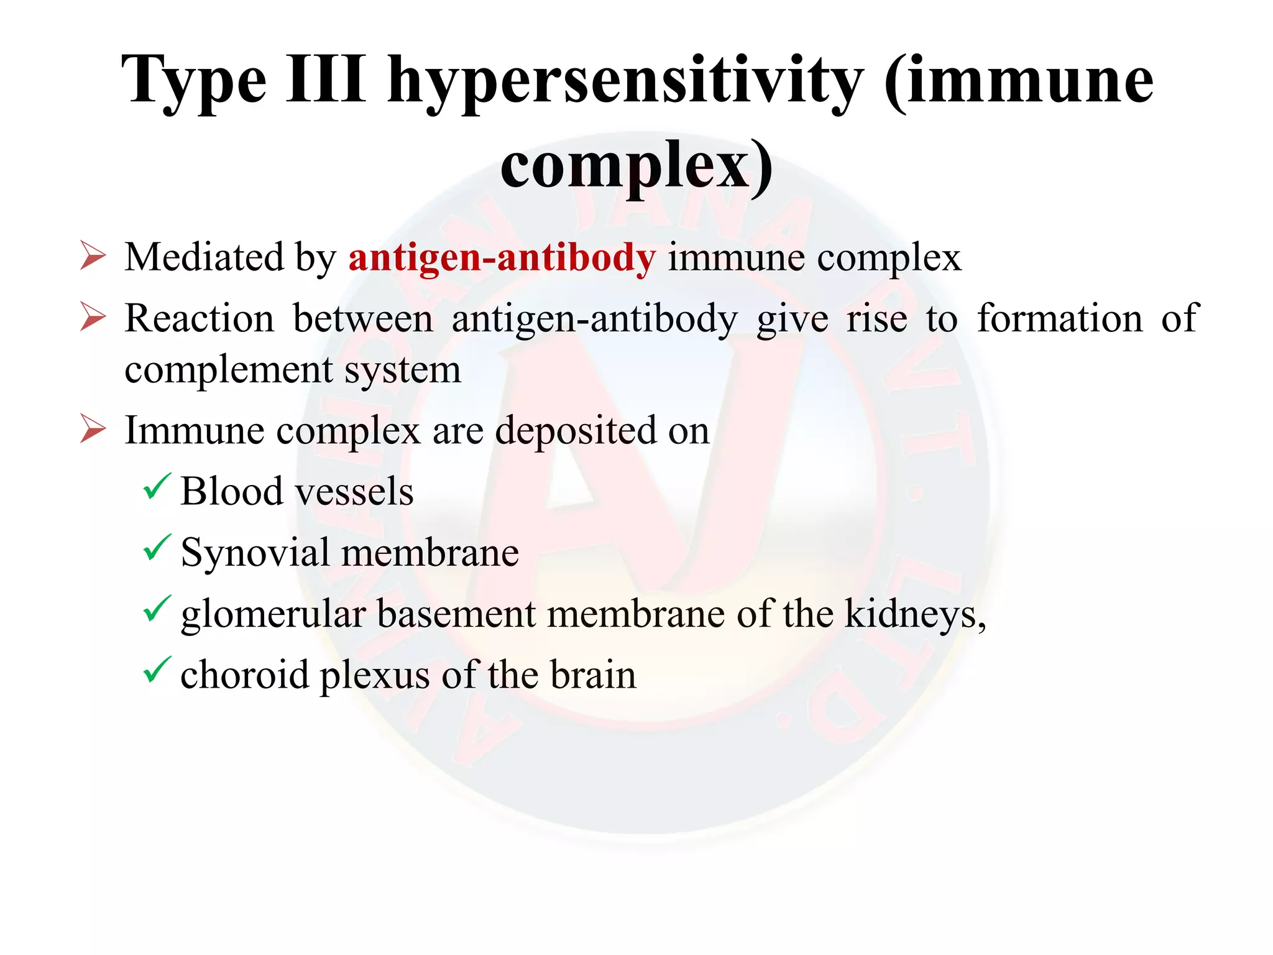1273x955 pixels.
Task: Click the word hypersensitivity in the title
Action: pyautogui.click(x=625, y=81)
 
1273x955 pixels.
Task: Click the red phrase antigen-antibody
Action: pyautogui.click(x=502, y=257)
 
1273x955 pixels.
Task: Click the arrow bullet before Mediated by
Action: pyautogui.click(x=93, y=256)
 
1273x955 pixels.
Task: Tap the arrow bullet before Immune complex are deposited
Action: pyautogui.click(x=93, y=429)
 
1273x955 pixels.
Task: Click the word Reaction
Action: pyautogui.click(x=199, y=318)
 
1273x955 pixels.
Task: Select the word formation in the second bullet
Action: pyautogui.click(x=1060, y=318)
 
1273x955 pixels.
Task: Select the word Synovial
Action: pyautogui.click(x=255, y=553)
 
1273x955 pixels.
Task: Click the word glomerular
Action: pyautogui.click(x=273, y=615)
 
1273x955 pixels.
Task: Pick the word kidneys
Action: pyautogui.click(x=914, y=615)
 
